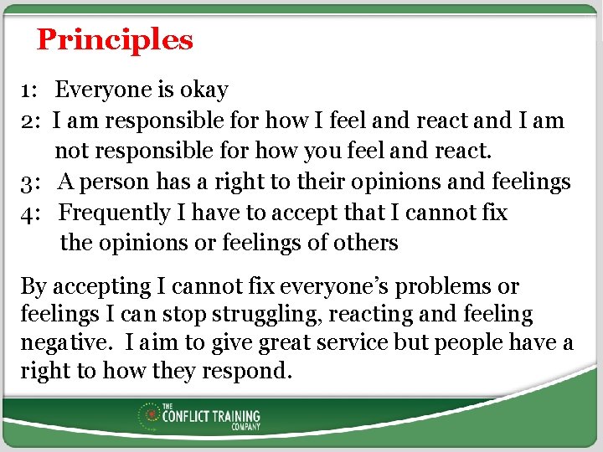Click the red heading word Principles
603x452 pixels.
[115, 39]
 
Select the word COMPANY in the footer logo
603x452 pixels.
[246, 426]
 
